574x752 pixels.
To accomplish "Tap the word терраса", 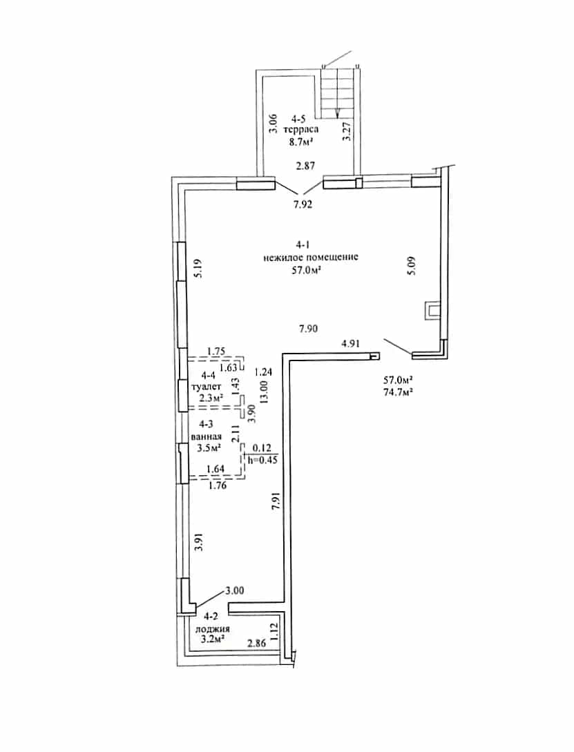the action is (301, 129).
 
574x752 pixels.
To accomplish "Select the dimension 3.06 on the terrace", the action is (273, 124).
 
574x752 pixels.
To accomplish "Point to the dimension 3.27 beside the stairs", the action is (349, 131).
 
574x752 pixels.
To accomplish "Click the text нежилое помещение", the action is (311, 257).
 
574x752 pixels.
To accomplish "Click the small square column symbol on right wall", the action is (432, 311).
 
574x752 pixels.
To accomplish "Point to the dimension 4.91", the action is (350, 343).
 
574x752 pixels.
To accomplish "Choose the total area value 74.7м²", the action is (399, 392).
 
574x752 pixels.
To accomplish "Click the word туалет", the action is (207, 386).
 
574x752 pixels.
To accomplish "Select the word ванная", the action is (207, 436).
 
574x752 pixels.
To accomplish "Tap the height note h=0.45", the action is (262, 459).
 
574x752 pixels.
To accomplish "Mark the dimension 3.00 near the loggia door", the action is (234, 591).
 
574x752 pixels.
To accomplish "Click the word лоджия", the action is (212, 629).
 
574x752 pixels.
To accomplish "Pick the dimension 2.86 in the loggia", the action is (256, 644).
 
